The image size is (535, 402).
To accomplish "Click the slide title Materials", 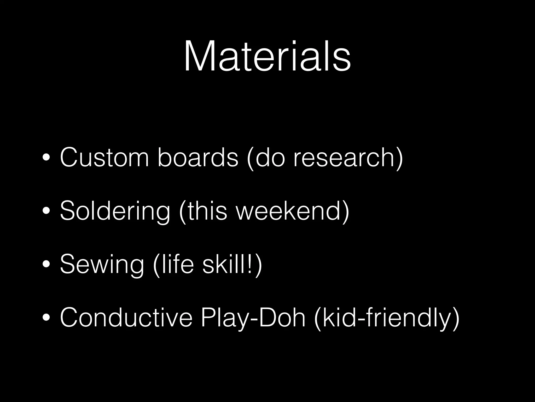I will click(x=267, y=56).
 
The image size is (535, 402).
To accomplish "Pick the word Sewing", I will click(x=102, y=264).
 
